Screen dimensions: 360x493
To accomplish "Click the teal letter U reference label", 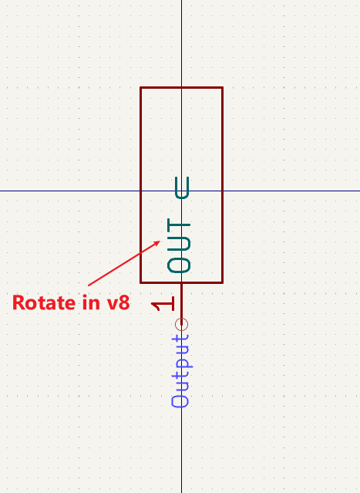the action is (182, 187).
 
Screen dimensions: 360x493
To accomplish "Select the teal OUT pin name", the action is (179, 245).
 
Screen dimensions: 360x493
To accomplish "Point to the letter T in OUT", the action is (179, 225).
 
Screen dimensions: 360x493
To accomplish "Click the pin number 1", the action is (163, 304).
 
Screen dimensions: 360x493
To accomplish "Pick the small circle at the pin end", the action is (182, 325).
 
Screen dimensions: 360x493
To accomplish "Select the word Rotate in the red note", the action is (44, 302).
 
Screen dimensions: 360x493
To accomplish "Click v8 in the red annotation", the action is (119, 302).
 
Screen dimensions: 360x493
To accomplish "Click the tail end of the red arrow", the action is (89, 285).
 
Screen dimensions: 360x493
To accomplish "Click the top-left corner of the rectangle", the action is (140, 87).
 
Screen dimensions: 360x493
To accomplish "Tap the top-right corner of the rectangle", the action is (223, 87).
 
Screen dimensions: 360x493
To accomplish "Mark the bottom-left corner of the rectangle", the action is (140, 283).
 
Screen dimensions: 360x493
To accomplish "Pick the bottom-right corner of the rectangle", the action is (223, 283).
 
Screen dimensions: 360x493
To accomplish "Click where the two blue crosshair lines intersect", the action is (182, 191).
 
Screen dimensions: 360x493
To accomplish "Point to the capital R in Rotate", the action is (18, 302).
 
